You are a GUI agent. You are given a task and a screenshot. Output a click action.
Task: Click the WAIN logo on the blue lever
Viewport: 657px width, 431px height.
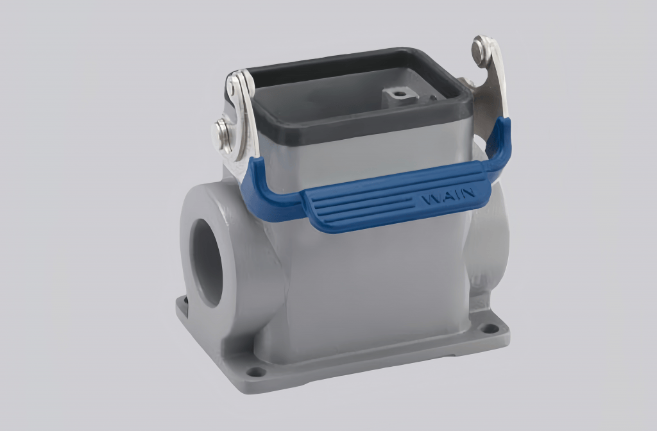pyautogui.click(x=448, y=195)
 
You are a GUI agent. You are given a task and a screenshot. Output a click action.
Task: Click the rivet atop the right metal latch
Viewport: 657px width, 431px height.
pyautogui.click(x=481, y=51)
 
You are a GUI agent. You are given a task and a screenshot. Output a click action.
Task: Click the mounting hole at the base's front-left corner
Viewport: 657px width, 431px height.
pyautogui.click(x=255, y=371)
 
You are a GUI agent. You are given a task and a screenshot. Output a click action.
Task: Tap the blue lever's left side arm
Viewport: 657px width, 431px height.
pyautogui.click(x=263, y=192)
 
